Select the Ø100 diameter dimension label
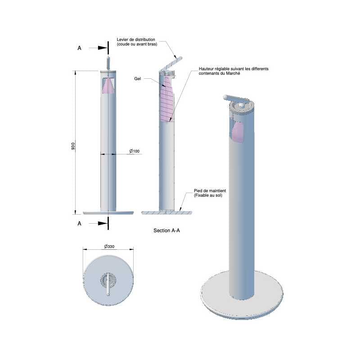coord(134,151)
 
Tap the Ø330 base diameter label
coord(108,246)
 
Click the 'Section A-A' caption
coord(167,230)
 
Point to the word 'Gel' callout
coord(138,78)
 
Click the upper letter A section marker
coord(80,48)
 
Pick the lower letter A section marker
coord(80,223)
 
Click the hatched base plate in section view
coord(166,212)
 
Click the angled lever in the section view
coord(171,63)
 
